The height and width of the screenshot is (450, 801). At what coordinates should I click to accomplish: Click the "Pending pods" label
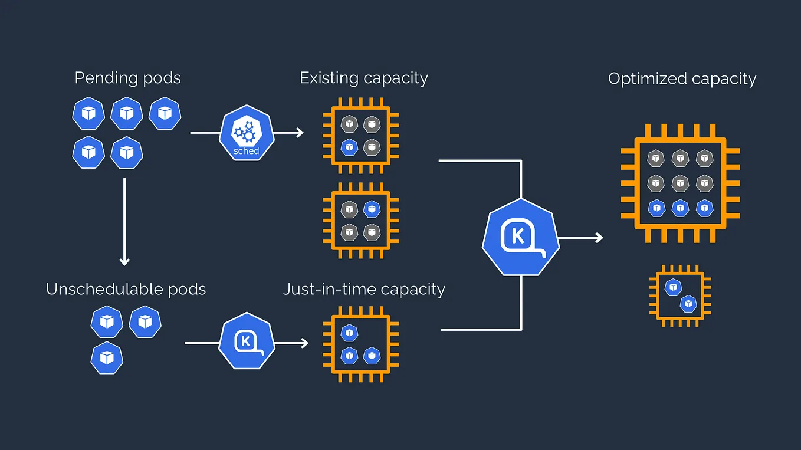[x=127, y=78]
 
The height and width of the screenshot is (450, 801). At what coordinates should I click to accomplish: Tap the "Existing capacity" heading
[x=363, y=78]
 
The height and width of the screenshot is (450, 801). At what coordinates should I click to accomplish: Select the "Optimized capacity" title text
[x=682, y=79]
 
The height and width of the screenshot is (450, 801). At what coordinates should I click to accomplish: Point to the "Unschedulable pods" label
[x=126, y=289]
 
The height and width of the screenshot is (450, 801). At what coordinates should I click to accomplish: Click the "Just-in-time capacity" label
[x=363, y=289]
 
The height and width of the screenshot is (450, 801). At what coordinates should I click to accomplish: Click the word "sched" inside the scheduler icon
[x=246, y=151]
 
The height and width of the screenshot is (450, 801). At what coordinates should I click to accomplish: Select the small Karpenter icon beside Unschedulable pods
[x=247, y=341]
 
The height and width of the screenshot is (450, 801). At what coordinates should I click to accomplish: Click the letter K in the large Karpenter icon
[x=518, y=237]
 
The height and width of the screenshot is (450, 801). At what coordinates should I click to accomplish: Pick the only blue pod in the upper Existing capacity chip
[x=350, y=146]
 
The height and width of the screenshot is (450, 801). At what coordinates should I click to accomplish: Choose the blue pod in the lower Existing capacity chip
[x=371, y=209]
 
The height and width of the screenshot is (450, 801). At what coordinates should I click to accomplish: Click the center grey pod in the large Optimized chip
[x=680, y=183]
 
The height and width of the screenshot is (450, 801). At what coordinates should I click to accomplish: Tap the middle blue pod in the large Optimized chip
[x=680, y=208]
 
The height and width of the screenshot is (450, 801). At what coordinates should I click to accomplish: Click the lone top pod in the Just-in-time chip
[x=350, y=333]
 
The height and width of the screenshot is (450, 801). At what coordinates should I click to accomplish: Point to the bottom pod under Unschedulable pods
[x=107, y=357]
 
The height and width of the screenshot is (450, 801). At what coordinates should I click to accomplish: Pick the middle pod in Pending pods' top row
[x=127, y=113]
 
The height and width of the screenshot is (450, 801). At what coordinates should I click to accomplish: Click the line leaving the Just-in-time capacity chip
[x=481, y=329]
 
